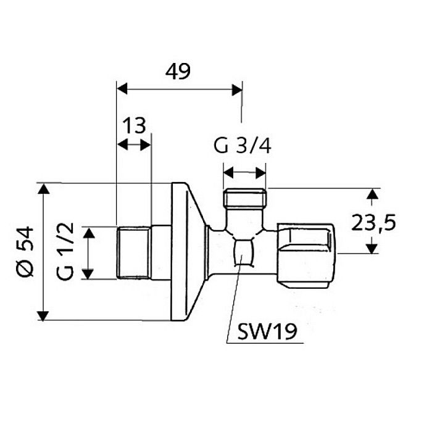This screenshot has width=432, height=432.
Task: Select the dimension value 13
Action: [x=134, y=125]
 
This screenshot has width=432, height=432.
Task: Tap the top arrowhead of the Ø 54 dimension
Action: [x=43, y=189]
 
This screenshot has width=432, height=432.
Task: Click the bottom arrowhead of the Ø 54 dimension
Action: [x=43, y=315]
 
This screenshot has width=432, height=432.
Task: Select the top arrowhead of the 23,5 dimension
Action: [x=371, y=194]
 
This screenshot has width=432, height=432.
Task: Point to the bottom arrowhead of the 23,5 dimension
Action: [x=371, y=248]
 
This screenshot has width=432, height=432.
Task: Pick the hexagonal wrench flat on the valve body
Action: [x=244, y=254]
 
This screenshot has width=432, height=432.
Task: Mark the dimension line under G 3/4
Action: [x=244, y=172]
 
